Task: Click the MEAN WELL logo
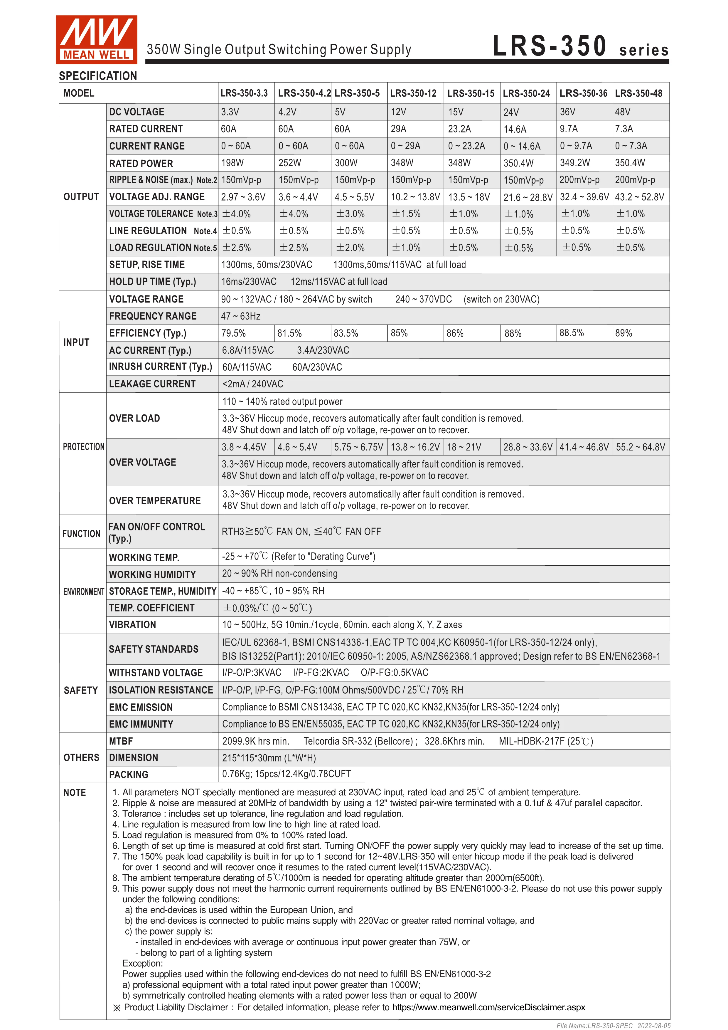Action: click(96, 39)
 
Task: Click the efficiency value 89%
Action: click(623, 333)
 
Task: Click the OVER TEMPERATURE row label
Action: click(155, 501)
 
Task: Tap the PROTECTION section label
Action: click(83, 447)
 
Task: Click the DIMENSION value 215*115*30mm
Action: click(269, 758)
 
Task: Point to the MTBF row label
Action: click(121, 741)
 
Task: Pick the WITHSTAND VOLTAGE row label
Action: click(156, 673)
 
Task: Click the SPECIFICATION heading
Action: click(98, 76)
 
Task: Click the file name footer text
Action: click(613, 1026)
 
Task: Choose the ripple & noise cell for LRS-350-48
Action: click(634, 180)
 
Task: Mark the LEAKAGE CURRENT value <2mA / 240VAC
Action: click(252, 384)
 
